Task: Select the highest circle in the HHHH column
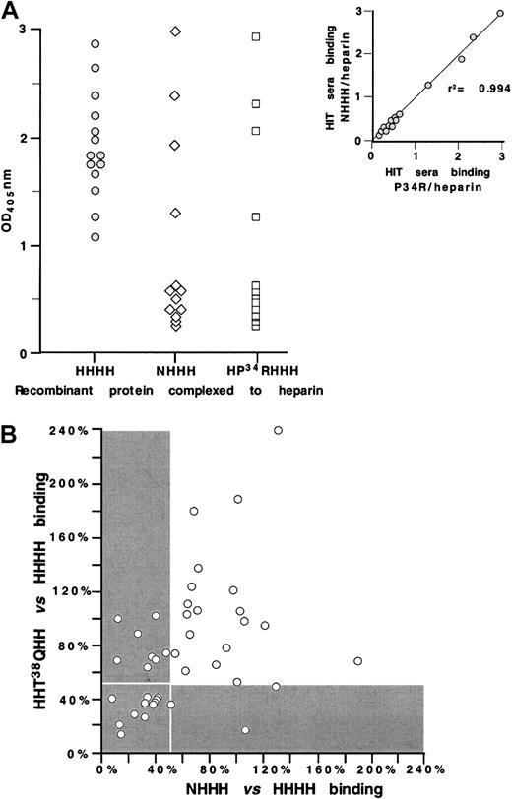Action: point(96,44)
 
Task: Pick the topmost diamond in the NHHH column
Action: point(176,31)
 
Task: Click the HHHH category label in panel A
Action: point(96,370)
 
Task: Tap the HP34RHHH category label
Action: point(256,370)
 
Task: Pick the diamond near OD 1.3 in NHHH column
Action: point(176,213)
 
